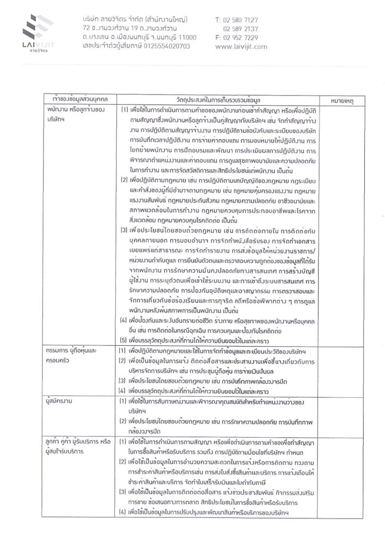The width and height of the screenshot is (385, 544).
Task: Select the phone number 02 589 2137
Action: click(241, 28)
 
